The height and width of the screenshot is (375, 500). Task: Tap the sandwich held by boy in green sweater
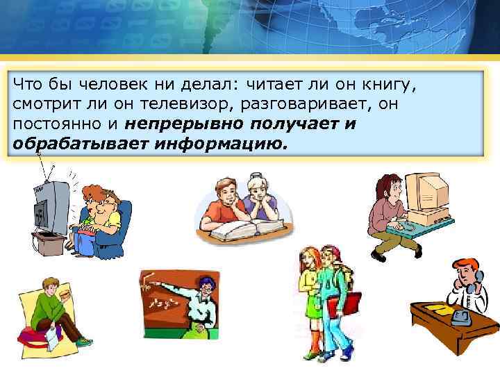(66, 295)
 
